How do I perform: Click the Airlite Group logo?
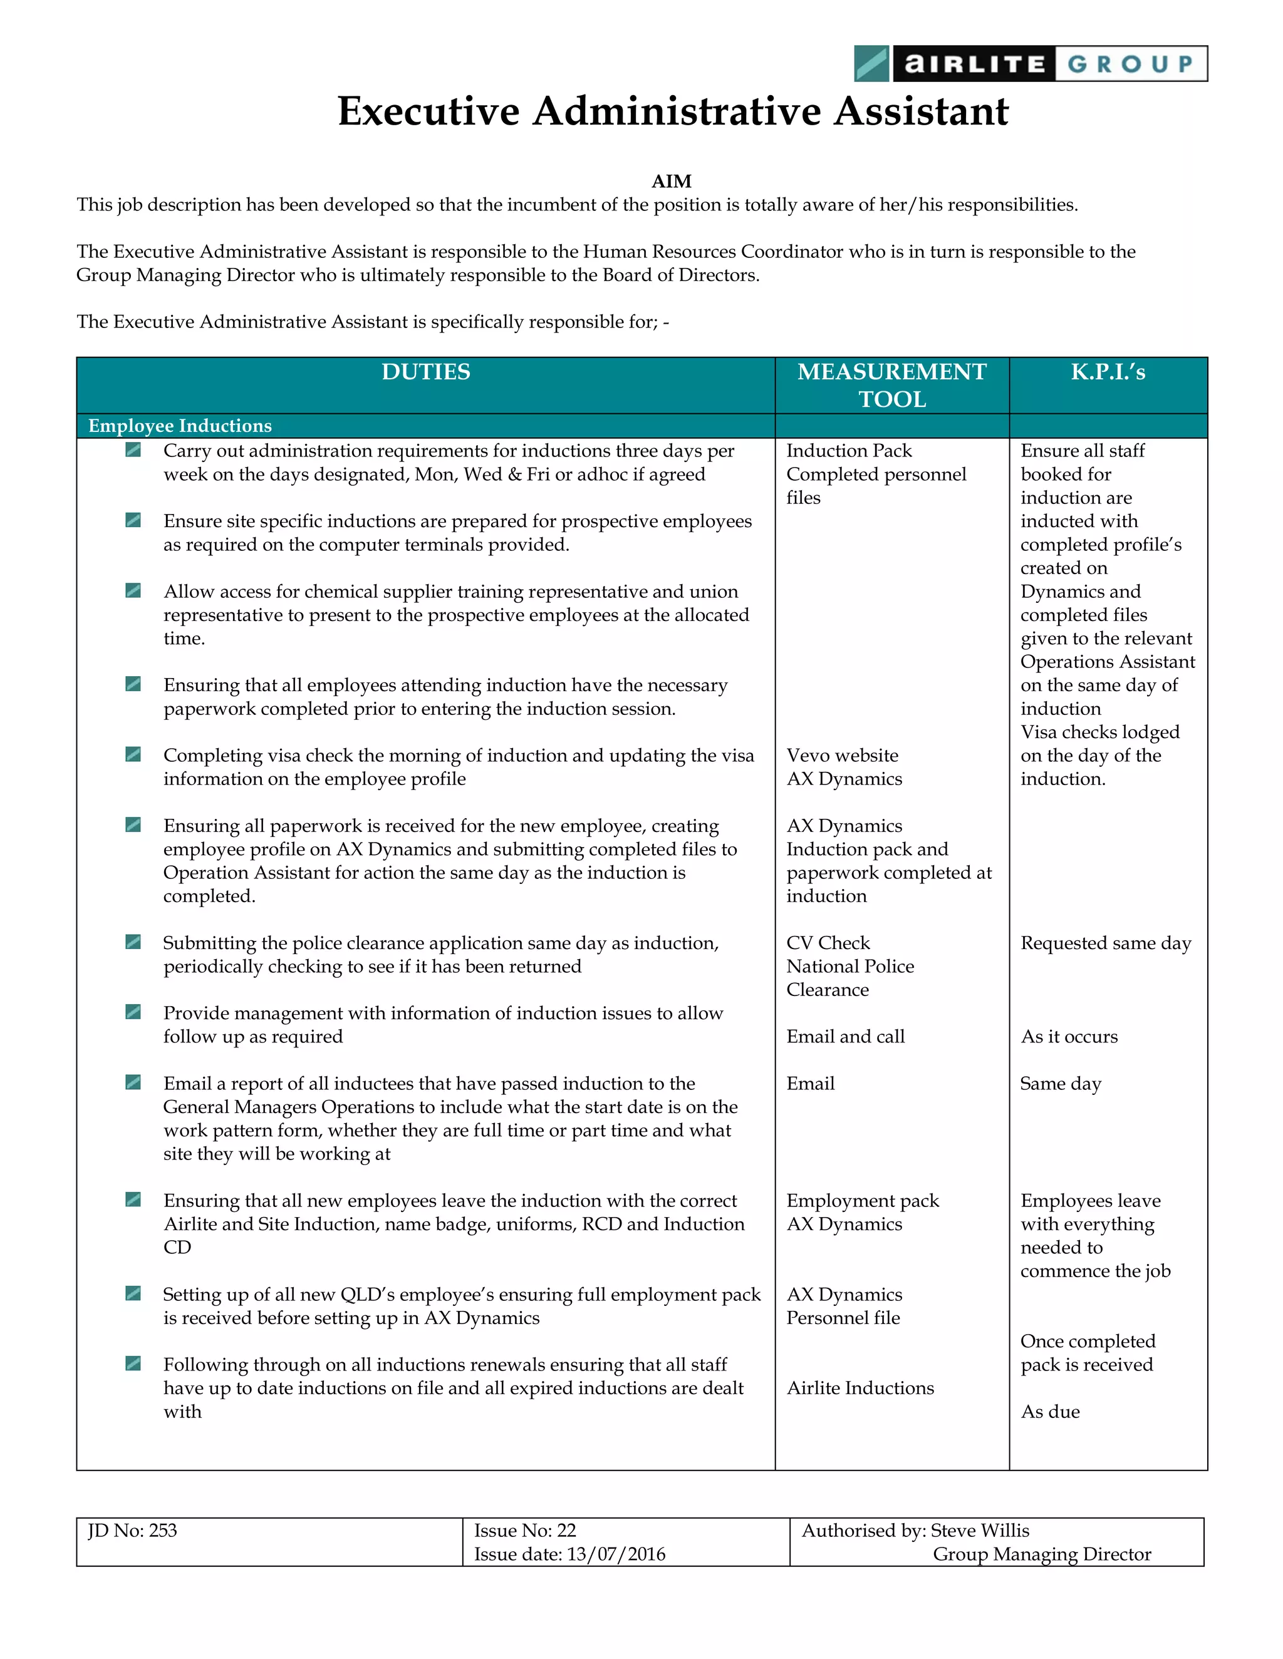pos(1030,64)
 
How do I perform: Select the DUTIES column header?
pos(425,372)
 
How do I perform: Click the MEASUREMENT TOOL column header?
pos(891,385)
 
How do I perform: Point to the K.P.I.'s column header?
pos(1108,372)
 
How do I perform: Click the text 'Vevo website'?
pos(842,756)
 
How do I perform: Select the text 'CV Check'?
pos(828,943)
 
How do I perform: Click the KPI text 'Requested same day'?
pos(1105,943)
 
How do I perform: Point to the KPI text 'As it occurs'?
pos(1069,1037)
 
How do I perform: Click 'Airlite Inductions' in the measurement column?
pos(860,1389)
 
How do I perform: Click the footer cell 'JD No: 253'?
pos(133,1531)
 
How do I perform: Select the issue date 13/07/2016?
pos(616,1554)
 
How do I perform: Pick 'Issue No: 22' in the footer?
pos(524,1531)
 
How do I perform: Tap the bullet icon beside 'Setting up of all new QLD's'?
pos(133,1293)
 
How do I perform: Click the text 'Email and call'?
pos(845,1037)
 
